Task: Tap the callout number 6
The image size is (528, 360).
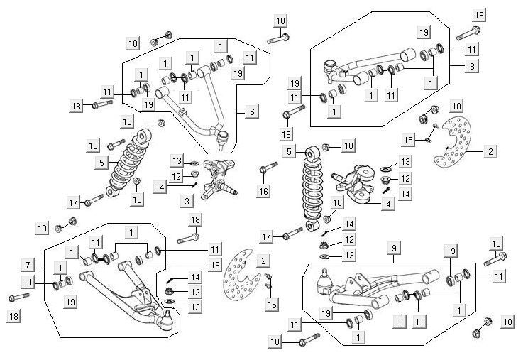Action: tap(251, 111)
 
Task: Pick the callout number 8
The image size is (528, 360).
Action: tap(471, 65)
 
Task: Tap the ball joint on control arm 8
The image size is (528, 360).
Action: tap(329, 68)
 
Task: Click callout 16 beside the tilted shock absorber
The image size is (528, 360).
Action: tap(93, 145)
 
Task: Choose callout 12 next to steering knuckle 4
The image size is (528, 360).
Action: tap(405, 178)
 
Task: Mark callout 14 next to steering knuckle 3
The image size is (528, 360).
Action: tap(160, 187)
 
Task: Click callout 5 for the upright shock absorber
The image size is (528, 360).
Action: tap(287, 151)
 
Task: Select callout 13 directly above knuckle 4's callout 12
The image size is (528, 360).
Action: tap(405, 162)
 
